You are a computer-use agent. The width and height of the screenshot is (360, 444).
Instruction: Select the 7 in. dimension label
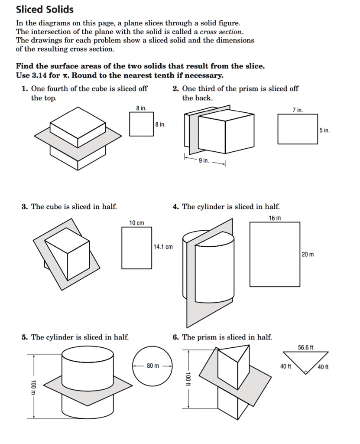click(x=298, y=110)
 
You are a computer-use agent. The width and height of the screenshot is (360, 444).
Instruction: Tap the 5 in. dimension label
click(x=325, y=130)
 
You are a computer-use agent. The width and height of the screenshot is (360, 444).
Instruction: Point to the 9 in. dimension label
click(x=203, y=161)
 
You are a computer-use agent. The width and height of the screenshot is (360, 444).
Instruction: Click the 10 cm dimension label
click(x=137, y=223)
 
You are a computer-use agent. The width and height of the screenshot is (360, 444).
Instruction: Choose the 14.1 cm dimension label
click(x=163, y=247)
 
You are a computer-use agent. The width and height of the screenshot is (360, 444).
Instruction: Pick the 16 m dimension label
click(x=275, y=218)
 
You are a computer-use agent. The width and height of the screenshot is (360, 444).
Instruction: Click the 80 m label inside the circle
click(x=152, y=366)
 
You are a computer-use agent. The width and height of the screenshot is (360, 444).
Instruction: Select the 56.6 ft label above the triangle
click(x=306, y=347)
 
